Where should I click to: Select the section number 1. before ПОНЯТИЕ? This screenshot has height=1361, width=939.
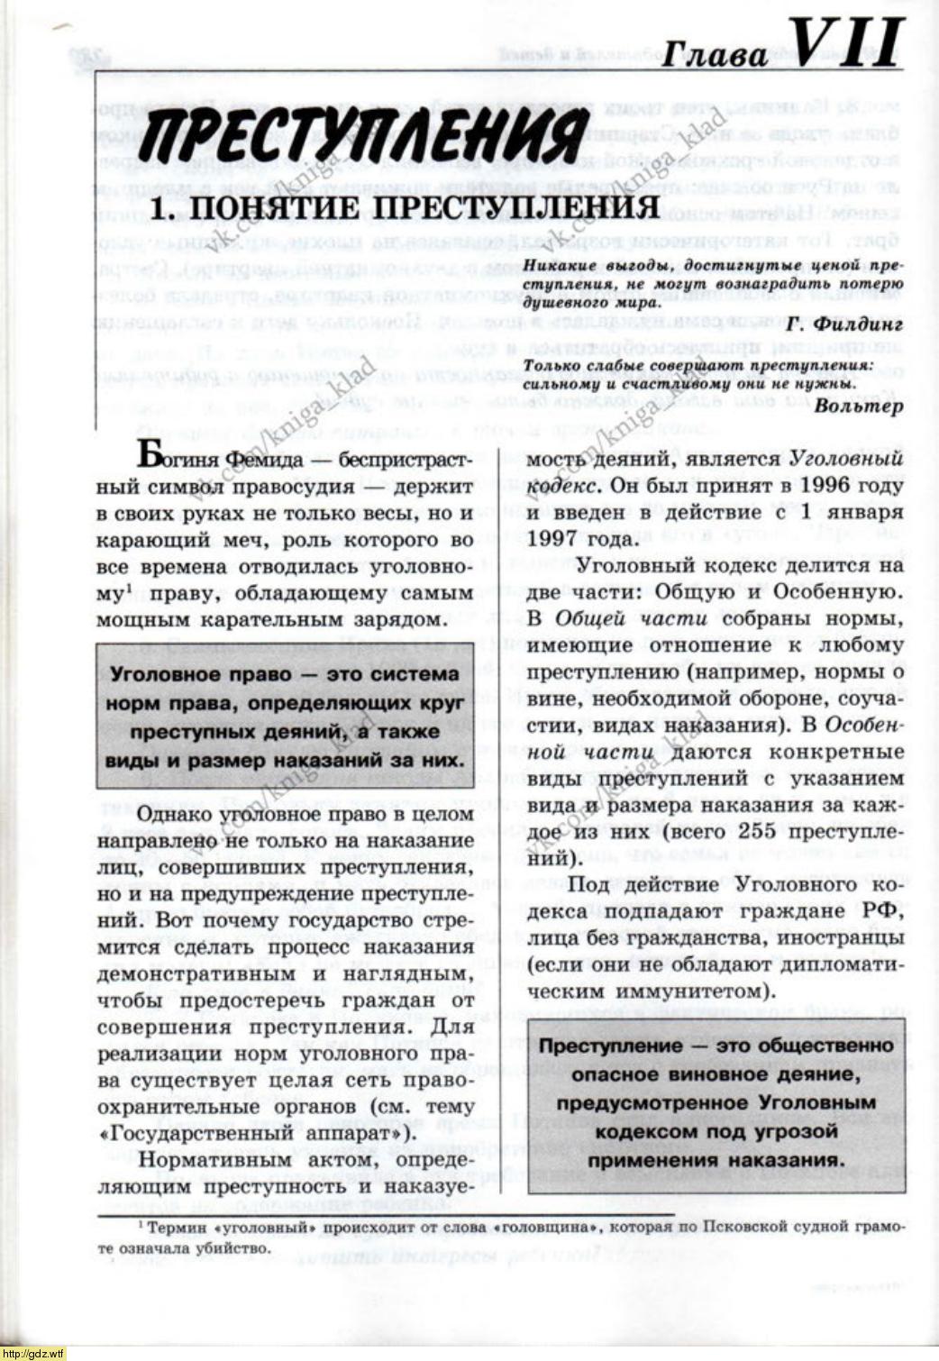click(162, 208)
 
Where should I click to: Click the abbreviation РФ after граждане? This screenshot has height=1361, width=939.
click(883, 912)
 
